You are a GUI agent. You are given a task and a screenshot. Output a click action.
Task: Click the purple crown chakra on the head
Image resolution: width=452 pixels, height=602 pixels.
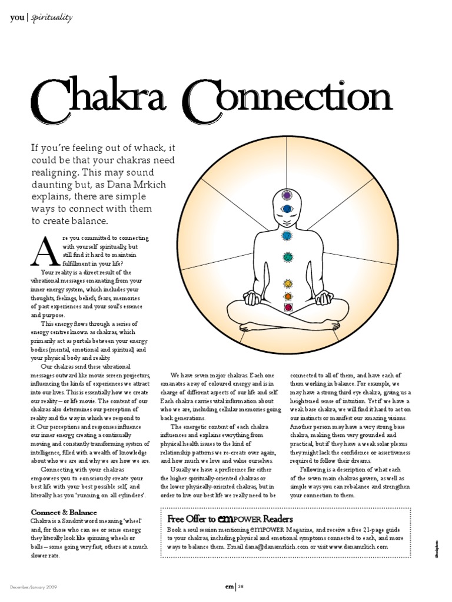pos(287,195)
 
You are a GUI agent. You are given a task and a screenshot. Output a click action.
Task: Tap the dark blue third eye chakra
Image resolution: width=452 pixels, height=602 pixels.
pos(287,209)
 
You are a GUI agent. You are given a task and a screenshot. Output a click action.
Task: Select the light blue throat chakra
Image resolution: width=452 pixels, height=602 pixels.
pos(287,236)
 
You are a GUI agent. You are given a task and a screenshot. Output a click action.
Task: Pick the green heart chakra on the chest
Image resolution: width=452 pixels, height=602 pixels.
pos(288,257)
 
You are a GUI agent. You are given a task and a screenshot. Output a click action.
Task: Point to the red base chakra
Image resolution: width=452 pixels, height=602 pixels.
pos(288,307)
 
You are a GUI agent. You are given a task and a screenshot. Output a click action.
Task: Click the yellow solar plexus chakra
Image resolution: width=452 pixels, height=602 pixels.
pos(288,284)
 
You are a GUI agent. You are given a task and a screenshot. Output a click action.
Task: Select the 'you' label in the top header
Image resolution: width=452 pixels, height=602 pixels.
pos(17,18)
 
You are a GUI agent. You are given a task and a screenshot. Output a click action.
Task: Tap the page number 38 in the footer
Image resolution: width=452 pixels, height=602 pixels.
pos(241,586)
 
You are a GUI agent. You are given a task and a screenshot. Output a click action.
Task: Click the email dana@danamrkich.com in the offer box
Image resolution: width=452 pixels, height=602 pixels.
pos(281,546)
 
